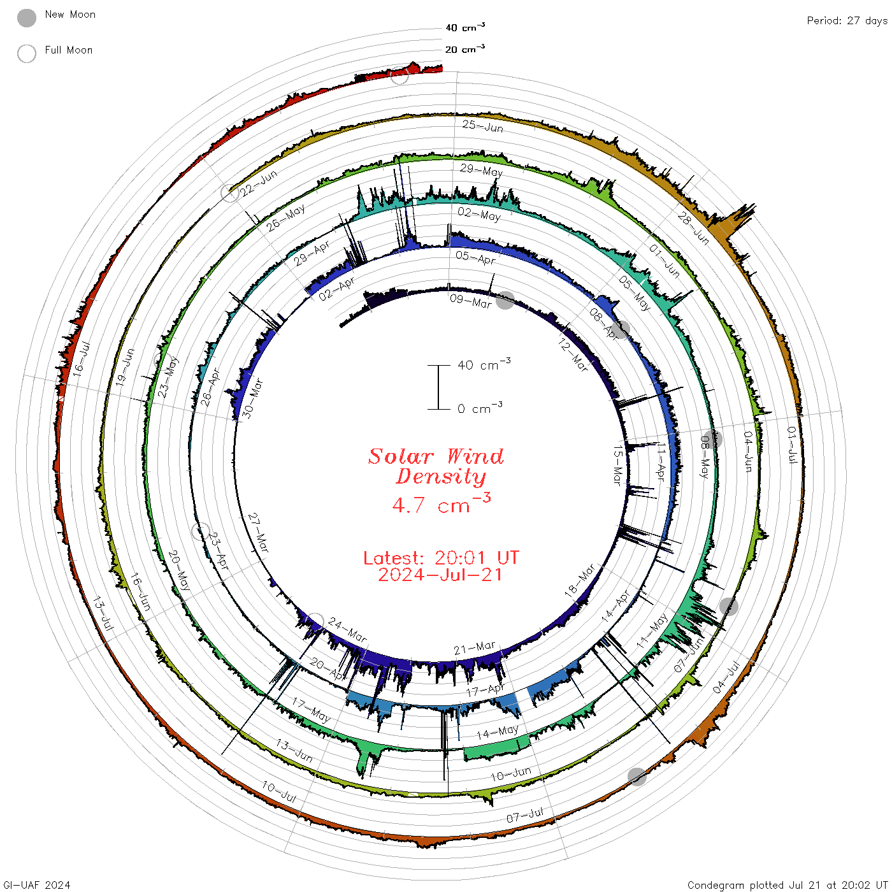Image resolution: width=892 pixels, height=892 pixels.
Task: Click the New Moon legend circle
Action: tap(26, 18)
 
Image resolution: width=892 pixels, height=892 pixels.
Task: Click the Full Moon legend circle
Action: tap(26, 54)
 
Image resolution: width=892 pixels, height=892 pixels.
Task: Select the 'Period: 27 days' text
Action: tap(847, 21)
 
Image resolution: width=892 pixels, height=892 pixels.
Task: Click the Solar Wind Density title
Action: tap(436, 466)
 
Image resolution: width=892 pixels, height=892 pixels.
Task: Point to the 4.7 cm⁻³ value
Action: tap(441, 503)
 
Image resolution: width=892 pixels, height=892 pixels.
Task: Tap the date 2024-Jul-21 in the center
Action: tap(440, 575)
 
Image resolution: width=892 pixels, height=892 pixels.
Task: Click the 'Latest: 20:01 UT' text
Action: tap(441, 557)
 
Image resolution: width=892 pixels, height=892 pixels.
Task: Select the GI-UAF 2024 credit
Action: tap(36, 884)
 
